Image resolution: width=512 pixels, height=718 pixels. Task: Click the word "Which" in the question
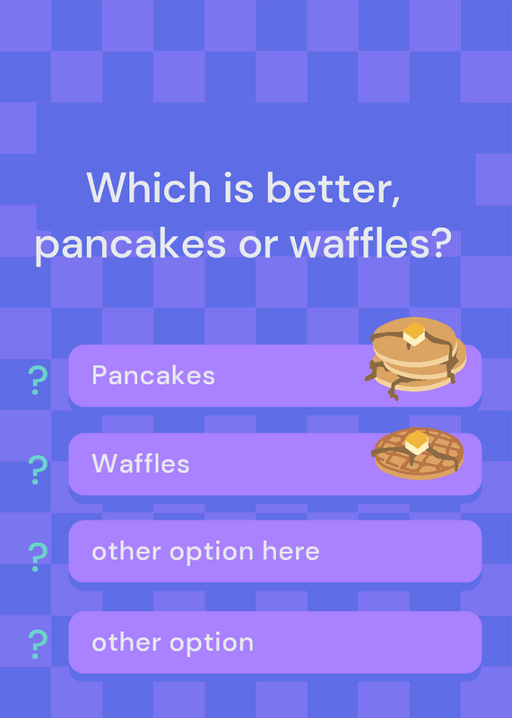point(149,188)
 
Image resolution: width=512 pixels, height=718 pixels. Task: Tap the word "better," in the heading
point(334,188)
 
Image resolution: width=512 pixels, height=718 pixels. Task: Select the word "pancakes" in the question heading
point(130,244)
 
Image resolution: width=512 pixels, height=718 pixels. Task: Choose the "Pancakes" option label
point(153,375)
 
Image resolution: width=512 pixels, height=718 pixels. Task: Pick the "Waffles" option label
point(141,463)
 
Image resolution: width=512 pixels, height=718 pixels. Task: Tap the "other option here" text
point(205,552)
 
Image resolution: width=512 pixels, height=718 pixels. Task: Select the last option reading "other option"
point(172,643)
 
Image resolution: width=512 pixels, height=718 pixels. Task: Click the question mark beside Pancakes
point(38,381)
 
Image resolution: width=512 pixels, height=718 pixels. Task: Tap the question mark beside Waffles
point(38,469)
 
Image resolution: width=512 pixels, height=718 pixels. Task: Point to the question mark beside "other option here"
point(38,556)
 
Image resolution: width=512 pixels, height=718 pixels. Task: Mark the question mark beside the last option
point(38,644)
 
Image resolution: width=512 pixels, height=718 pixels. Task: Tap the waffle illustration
point(418,453)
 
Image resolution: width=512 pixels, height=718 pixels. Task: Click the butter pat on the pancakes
point(414,334)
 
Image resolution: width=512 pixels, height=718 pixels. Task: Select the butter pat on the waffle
point(417,442)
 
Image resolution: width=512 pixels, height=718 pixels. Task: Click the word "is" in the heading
point(239,188)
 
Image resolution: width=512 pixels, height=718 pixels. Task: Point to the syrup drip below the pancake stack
point(394,390)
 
